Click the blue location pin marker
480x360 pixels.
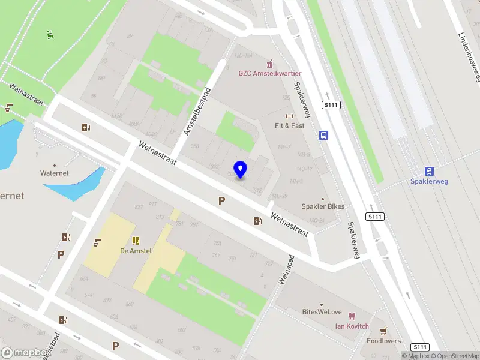240,170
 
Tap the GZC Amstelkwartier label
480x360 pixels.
269,73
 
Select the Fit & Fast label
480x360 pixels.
289,126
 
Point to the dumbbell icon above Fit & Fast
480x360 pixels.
289,116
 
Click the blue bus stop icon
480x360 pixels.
324,135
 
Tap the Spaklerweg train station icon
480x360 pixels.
429,171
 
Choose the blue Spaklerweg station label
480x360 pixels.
429,181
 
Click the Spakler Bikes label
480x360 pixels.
323,206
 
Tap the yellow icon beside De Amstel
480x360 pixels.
136,241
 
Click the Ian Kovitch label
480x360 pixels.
351,326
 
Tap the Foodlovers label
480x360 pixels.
383,341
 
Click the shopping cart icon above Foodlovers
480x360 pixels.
383,331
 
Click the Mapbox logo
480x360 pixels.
23,353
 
